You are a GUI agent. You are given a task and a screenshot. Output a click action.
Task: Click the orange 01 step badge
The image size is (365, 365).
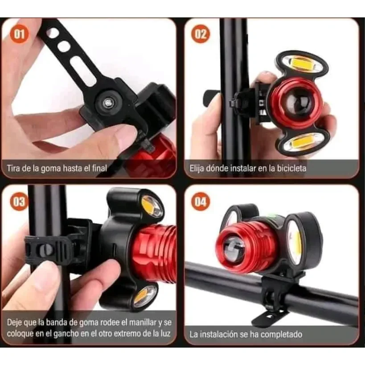[19, 34]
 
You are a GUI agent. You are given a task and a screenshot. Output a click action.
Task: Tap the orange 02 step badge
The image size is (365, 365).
[201, 34]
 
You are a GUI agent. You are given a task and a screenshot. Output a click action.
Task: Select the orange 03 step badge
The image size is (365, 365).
[19, 201]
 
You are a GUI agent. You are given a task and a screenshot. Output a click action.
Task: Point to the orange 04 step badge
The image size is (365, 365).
[201, 201]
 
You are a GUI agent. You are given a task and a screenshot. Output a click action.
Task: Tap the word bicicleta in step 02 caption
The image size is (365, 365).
[291, 168]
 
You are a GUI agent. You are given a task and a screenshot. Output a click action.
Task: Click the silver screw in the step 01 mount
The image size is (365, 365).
[107, 102]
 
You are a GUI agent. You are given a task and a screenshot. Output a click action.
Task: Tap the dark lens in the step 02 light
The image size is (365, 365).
[295, 103]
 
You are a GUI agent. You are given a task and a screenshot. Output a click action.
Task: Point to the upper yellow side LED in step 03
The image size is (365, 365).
[152, 206]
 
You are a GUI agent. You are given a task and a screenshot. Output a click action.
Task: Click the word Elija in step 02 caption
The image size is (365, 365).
[197, 168]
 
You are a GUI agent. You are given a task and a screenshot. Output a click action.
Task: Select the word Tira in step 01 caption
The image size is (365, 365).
[13, 168]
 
